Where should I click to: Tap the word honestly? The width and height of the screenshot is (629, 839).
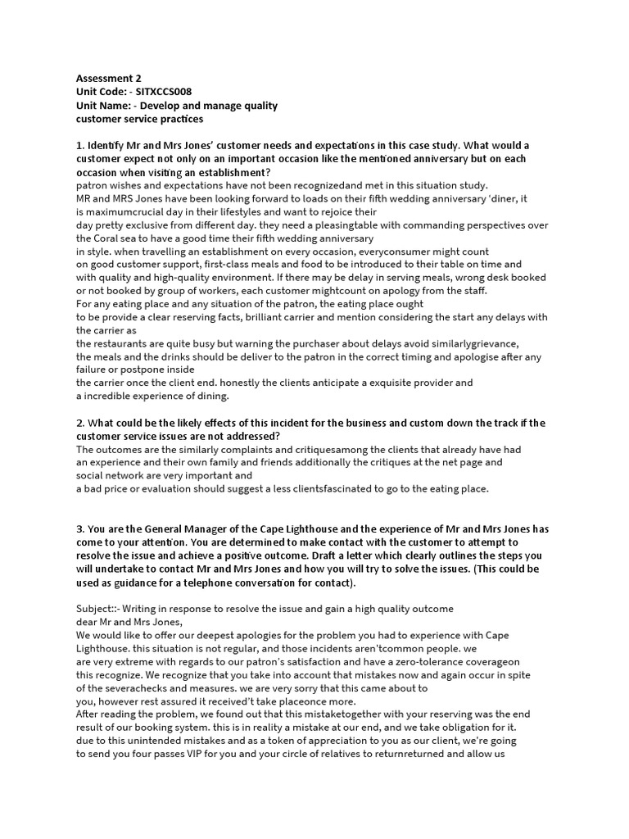point(225,383)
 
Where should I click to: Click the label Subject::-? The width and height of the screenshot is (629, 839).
point(100,609)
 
